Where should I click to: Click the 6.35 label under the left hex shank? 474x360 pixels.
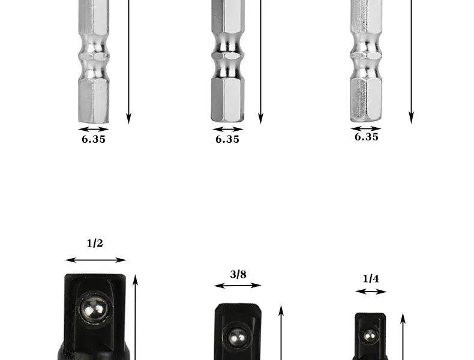click(x=94, y=139)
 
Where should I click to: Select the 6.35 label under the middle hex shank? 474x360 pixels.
click(x=227, y=139)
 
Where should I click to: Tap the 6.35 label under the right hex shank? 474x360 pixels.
click(x=367, y=137)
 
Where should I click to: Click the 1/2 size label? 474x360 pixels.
click(x=95, y=243)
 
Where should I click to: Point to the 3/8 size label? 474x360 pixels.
click(x=238, y=274)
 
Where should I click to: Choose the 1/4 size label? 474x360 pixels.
click(x=371, y=278)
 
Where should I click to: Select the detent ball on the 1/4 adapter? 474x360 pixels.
click(x=370, y=335)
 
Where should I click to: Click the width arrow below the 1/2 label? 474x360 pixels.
click(x=95, y=260)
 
